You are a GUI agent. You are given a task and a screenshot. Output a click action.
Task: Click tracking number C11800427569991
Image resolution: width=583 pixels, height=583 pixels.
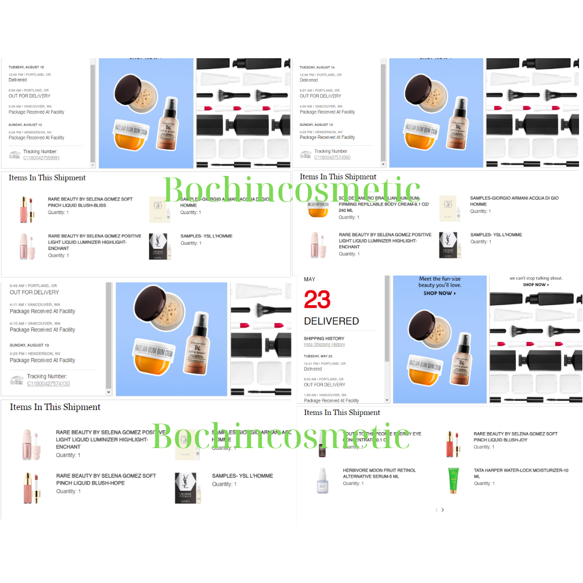coord(42,158)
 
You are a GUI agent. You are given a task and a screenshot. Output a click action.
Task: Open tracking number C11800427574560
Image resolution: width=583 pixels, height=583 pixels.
coord(332,157)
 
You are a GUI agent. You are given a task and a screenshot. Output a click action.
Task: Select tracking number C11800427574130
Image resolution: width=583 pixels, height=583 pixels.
coord(48,384)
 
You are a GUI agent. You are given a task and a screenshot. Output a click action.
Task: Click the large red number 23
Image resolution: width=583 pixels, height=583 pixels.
coord(317,300)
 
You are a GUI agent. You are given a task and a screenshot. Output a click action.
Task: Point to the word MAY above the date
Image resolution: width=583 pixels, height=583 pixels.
coord(310,280)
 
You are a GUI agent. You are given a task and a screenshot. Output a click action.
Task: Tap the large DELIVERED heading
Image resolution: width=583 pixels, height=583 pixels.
coord(331,321)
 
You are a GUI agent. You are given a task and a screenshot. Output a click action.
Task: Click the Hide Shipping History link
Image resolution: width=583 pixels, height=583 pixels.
coord(324,344)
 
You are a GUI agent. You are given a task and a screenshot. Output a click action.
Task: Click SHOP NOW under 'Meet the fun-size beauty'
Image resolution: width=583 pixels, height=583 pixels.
coord(440,293)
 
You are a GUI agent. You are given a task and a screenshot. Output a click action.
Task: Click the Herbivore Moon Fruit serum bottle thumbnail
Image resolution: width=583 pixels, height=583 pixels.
coord(323,479)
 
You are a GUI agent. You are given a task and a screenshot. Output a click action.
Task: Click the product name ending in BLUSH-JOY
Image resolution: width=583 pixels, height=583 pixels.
coord(515,437)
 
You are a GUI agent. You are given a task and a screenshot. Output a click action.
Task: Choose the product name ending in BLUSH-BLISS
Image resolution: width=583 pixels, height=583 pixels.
coord(90,202)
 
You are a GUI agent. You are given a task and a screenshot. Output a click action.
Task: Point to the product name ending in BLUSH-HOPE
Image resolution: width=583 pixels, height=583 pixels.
coord(106,479)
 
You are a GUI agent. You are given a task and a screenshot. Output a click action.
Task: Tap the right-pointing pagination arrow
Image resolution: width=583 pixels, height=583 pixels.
coord(443,510)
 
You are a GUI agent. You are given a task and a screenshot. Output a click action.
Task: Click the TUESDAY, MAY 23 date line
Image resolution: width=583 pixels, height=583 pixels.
coord(318,356)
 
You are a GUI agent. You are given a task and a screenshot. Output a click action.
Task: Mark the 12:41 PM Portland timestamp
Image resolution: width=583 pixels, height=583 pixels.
coord(325,363)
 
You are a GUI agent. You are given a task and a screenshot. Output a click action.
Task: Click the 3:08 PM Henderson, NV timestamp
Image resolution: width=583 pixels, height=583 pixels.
coord(29,132)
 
